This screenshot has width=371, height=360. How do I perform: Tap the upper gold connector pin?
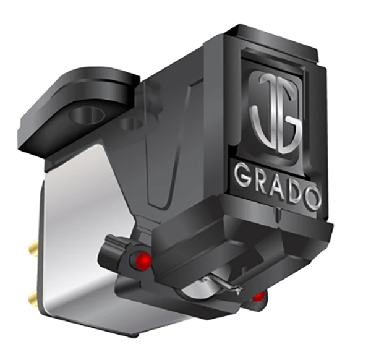(33, 248)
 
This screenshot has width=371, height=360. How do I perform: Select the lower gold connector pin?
(32, 298)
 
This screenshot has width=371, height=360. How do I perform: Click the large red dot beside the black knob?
(143, 260)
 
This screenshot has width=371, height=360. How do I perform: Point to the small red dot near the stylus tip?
(258, 296)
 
